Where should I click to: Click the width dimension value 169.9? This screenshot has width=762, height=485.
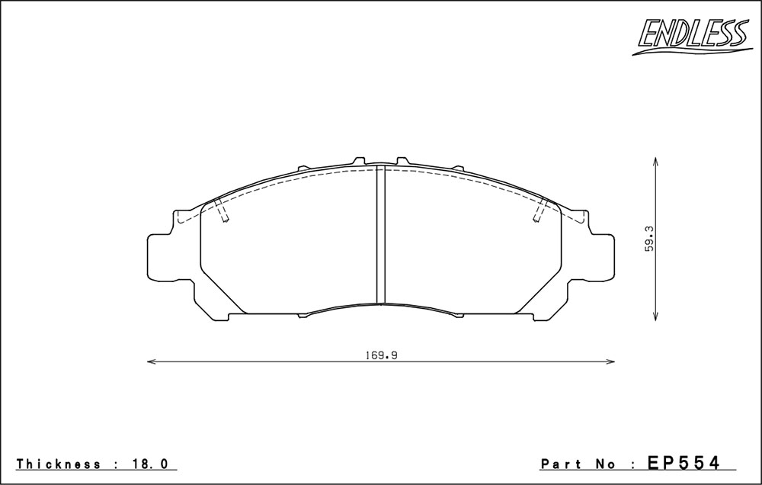click(382, 355)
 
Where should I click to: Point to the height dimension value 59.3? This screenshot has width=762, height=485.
click(650, 239)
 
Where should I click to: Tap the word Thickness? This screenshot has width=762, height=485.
click(59, 464)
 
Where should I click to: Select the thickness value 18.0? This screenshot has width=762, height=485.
click(149, 464)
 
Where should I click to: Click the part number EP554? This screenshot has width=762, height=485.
click(684, 463)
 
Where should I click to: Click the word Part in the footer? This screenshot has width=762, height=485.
click(562, 464)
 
